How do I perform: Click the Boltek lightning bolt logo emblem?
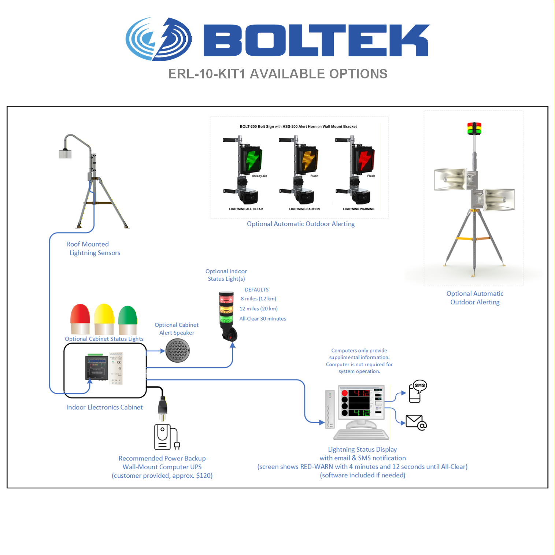[158, 39]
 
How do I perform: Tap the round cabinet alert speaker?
[178, 351]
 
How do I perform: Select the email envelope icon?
[416, 422]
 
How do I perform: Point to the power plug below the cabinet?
[162, 407]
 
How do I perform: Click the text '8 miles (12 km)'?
[258, 299]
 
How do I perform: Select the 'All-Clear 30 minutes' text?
[263, 319]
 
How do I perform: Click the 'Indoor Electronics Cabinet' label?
[104, 407]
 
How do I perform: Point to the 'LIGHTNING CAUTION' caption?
[304, 209]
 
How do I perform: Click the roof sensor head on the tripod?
[65, 153]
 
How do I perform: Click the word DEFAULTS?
[256, 290]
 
